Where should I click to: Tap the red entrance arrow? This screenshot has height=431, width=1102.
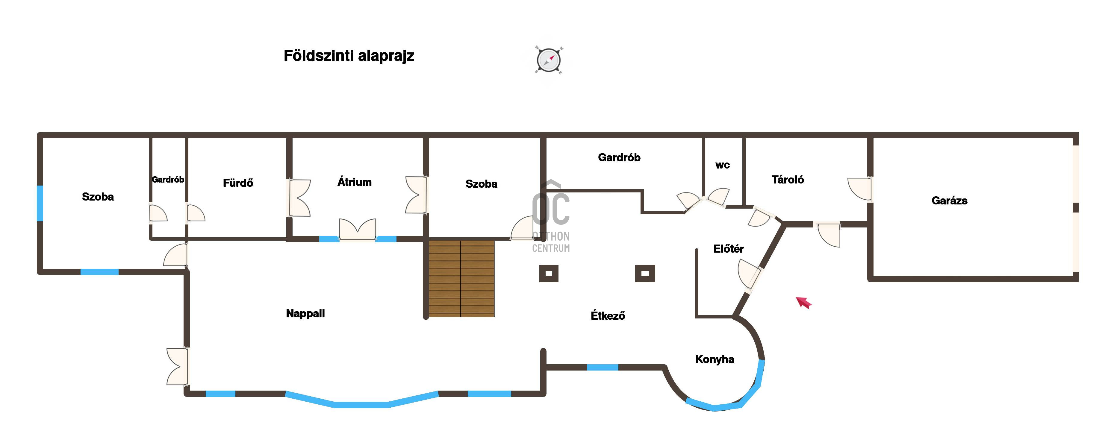tap(803, 302)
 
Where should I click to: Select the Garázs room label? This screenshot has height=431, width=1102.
tap(949, 201)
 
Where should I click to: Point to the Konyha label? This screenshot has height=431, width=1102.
tap(715, 359)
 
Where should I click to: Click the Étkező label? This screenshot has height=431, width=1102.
tap(608, 315)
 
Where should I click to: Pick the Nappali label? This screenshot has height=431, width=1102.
tap(305, 313)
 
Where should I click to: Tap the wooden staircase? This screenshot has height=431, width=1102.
tap(461, 278)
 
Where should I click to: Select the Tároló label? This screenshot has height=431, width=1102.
tap(788, 180)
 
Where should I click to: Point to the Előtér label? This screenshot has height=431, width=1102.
tap(729, 249)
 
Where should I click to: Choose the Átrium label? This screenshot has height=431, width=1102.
tap(354, 182)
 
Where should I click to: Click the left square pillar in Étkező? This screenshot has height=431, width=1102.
tap(549, 274)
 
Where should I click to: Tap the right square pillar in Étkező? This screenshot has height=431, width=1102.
tap(645, 274)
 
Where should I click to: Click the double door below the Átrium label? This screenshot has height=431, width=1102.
tap(358, 230)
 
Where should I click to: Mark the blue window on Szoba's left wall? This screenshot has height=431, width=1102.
tap(40, 203)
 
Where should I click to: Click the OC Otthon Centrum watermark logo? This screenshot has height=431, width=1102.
tap(551, 216)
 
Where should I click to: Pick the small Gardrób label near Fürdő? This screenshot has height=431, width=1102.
tap(168, 180)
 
